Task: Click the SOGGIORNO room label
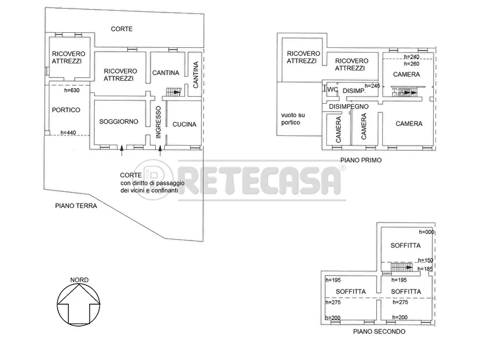pyautogui.click(x=118, y=121)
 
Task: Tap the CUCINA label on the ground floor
pyautogui.click(x=184, y=124)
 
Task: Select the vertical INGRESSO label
pyautogui.click(x=158, y=123)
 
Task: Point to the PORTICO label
pyautogui.click(x=66, y=110)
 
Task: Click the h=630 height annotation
pyautogui.click(x=72, y=90)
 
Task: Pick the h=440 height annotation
pyautogui.click(x=68, y=133)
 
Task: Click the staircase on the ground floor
pyautogui.click(x=174, y=92)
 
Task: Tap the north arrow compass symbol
pyautogui.click(x=78, y=304)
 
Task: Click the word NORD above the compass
pyautogui.click(x=80, y=280)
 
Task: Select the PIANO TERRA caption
pyautogui.click(x=76, y=206)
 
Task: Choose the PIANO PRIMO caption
pyautogui.click(x=361, y=160)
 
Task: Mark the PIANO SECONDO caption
pyautogui.click(x=379, y=331)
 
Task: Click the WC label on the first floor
pyautogui.click(x=333, y=90)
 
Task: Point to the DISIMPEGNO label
pyautogui.click(x=349, y=106)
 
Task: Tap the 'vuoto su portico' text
pyautogui.click(x=293, y=119)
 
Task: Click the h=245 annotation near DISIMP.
pyautogui.click(x=372, y=86)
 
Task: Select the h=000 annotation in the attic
pyautogui.click(x=426, y=232)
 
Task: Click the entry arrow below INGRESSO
pyautogui.click(x=160, y=150)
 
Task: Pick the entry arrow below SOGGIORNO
pyautogui.click(x=122, y=150)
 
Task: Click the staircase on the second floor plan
pyautogui.click(x=402, y=267)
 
